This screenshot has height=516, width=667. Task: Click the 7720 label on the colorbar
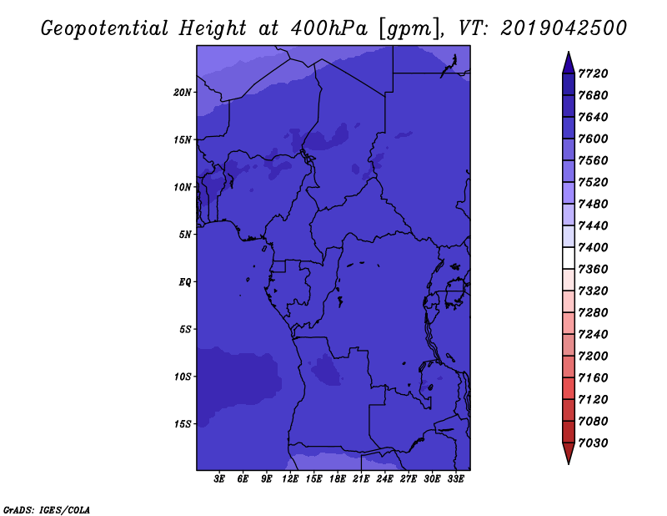[x=593, y=73]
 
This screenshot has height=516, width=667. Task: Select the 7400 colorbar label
[x=593, y=247]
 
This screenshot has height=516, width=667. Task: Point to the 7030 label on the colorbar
[x=593, y=443]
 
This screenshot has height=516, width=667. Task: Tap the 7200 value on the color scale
[x=593, y=357]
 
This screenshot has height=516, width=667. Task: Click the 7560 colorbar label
[x=593, y=160]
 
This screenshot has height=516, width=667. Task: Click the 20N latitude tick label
[x=183, y=93]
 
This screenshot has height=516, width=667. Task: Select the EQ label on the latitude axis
[x=185, y=282]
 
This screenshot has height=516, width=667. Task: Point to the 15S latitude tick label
[x=183, y=424]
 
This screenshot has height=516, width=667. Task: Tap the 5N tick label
[x=185, y=235]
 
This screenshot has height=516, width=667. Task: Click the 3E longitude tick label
[x=219, y=479]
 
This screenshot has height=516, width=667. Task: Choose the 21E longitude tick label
[x=361, y=479]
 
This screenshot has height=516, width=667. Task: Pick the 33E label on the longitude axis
[x=455, y=479]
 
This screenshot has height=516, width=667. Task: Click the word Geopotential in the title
[x=105, y=29]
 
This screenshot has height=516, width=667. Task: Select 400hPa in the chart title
[x=329, y=28]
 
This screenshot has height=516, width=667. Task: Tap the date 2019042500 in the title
[x=564, y=28]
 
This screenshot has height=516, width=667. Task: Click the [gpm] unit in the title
[x=410, y=29]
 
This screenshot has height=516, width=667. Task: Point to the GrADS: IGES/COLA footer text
[x=47, y=510]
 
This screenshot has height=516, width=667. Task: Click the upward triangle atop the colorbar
[x=569, y=63]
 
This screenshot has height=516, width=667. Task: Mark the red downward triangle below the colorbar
[x=569, y=453]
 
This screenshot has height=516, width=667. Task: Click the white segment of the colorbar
[x=569, y=258]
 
